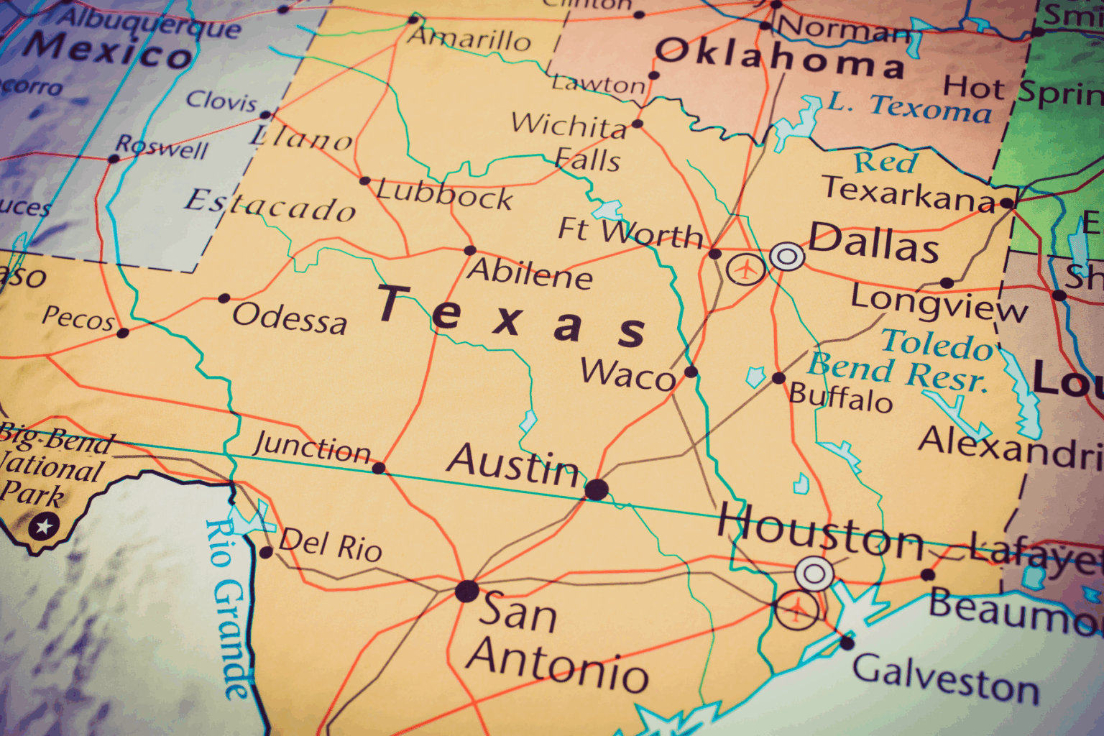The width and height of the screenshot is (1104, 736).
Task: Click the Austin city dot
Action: point(597,490)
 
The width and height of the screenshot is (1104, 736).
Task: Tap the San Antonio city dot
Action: point(466,592)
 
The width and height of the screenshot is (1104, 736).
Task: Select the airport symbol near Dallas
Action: point(746,270)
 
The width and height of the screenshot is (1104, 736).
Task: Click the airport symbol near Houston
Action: point(796,611)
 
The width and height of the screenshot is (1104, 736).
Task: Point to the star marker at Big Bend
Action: point(44,527)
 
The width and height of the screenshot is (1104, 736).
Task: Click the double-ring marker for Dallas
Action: point(787,256)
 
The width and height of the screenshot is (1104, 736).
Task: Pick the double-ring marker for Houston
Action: point(814,574)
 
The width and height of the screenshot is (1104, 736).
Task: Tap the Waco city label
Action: point(627,374)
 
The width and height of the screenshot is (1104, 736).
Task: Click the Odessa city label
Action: point(290,318)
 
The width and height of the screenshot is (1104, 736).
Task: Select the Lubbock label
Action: point(445,193)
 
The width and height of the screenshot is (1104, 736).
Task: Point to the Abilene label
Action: point(530,272)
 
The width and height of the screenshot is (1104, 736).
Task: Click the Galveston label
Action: point(946,678)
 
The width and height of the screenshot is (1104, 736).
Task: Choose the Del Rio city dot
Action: point(266,552)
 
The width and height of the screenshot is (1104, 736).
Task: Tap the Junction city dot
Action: point(379,469)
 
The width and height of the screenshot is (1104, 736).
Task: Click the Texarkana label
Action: point(908,193)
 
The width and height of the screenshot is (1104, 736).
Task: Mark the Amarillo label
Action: point(470,38)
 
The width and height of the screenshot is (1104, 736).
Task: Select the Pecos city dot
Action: point(123,333)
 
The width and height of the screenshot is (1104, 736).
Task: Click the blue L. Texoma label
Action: point(909,106)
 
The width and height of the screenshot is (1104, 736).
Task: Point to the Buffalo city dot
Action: point(778,378)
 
